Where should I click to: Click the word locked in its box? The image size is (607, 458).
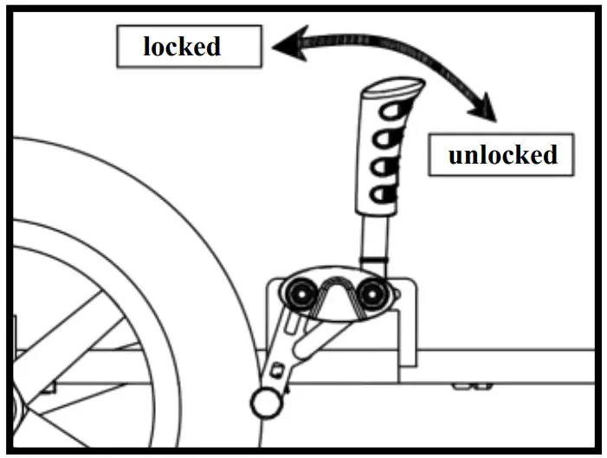click(181, 47)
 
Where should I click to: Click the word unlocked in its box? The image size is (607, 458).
click(501, 156)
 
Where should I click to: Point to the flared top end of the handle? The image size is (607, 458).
click(395, 87)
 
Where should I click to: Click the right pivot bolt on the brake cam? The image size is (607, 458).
click(375, 294)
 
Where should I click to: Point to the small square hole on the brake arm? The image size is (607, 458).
click(278, 368)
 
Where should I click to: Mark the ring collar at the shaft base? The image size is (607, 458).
click(375, 260)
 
